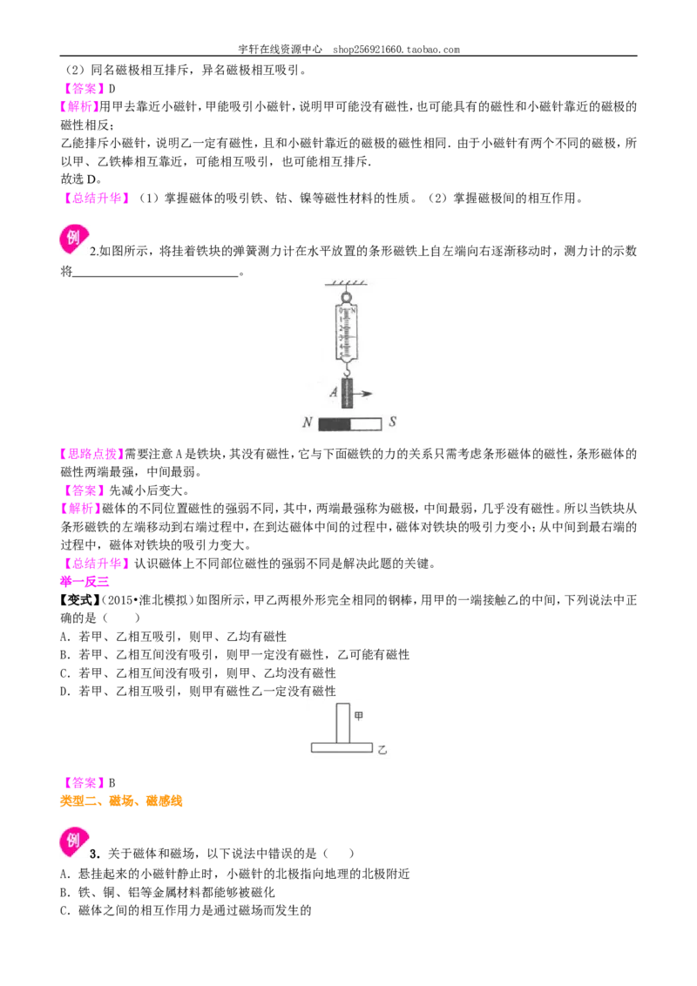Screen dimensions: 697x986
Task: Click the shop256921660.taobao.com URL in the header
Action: pyautogui.click(x=396, y=49)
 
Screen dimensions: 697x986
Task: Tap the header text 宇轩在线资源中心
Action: pyautogui.click(x=280, y=49)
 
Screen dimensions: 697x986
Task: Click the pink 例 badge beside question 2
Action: pyautogui.click(x=73, y=239)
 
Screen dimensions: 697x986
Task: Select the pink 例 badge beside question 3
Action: pyautogui.click(x=73, y=842)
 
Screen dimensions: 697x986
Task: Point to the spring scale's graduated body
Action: pyautogui.click(x=346, y=331)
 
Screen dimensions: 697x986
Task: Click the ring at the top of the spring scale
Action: pyautogui.click(x=345, y=296)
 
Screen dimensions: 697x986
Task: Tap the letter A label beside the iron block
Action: pyautogui.click(x=334, y=392)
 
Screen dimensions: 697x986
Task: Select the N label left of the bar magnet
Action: pyautogui.click(x=307, y=422)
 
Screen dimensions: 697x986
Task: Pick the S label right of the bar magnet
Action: pyautogui.click(x=392, y=422)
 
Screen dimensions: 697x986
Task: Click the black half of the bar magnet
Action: pyautogui.click(x=335, y=424)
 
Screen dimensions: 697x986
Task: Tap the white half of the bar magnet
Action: pyautogui.click(x=365, y=424)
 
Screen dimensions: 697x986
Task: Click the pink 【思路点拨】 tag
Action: pyautogui.click(x=91, y=454)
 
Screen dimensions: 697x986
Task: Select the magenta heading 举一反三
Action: pyautogui.click(x=85, y=582)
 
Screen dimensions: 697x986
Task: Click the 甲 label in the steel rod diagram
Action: pyautogui.click(x=359, y=716)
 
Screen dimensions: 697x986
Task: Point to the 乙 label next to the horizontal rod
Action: pyautogui.click(x=382, y=750)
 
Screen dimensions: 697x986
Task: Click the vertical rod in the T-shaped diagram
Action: pyautogui.click(x=343, y=723)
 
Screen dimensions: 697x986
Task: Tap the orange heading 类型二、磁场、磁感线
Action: pyautogui.click(x=121, y=801)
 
